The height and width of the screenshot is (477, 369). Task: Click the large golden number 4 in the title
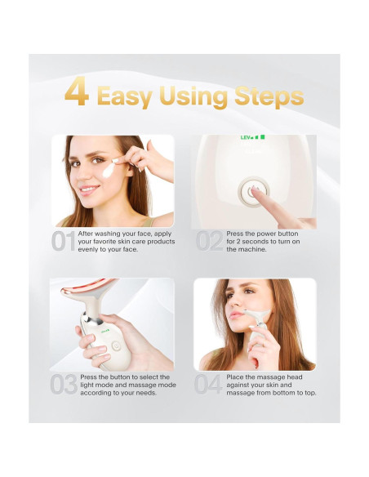77,91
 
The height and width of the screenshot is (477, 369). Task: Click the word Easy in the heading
125,96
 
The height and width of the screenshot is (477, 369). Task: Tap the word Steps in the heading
269,96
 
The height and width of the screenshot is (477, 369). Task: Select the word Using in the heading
193,96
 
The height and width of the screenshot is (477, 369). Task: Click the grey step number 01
63,241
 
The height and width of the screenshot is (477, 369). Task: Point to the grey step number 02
210,241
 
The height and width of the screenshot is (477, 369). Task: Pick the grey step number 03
64,385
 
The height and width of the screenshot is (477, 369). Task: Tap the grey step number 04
208,385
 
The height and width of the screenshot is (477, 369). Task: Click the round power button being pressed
254,192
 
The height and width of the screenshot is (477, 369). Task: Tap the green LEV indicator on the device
252,137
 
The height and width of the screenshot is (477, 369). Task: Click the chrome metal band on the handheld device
91,319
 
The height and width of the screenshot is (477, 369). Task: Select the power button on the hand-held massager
115,345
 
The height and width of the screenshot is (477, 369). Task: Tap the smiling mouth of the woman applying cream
88,189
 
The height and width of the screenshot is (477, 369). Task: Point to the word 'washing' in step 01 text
108,234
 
